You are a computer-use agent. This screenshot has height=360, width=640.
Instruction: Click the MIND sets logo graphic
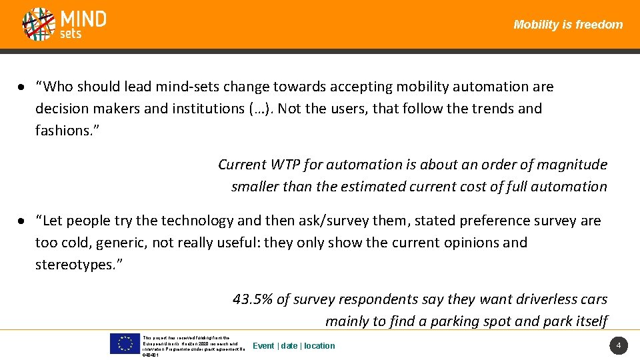tap(39, 24)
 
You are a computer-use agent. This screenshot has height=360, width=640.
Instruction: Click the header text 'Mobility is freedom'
tap(568, 25)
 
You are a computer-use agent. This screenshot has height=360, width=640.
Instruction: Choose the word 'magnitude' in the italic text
tap(573, 165)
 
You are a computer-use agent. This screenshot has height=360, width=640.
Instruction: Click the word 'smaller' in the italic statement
tap(255, 187)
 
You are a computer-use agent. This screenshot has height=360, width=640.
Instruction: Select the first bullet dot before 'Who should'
tap(22, 87)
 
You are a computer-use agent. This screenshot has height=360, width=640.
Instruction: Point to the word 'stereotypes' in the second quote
tap(73, 265)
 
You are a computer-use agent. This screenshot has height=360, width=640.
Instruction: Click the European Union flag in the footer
tap(125, 343)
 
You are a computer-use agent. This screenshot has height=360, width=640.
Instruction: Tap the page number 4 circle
tap(618, 345)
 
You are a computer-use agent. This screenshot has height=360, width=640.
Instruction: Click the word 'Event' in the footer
tap(263, 346)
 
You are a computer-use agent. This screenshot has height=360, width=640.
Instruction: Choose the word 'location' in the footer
tap(319, 346)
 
